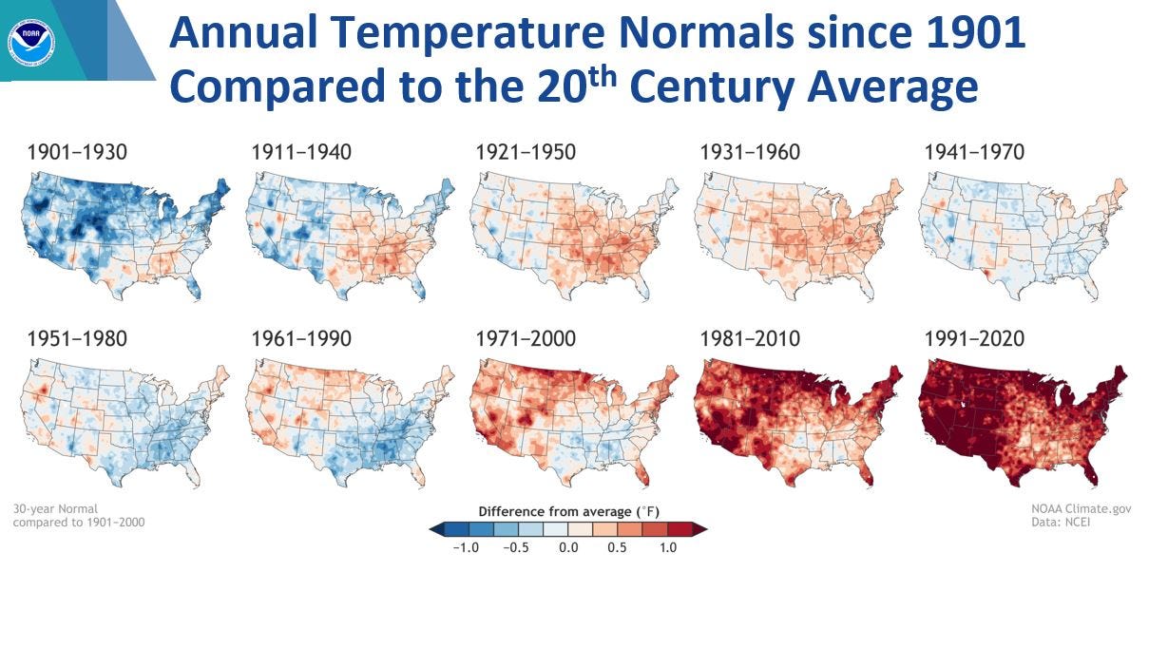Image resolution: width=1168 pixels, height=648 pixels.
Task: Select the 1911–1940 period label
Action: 300,152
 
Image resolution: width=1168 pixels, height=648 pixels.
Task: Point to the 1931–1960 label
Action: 749,152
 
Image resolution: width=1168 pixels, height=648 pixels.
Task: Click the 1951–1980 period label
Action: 77,339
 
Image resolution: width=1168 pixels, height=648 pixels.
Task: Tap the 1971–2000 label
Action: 525,339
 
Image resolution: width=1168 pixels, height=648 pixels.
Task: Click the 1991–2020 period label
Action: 973,339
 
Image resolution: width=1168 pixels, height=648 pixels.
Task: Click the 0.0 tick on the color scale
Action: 567,548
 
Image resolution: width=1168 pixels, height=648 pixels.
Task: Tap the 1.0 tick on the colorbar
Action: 667,548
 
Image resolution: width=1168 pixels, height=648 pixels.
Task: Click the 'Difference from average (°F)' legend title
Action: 567,511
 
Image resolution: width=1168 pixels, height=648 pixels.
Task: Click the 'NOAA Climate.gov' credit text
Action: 1081,509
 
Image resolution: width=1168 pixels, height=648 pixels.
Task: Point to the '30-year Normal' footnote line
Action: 55,509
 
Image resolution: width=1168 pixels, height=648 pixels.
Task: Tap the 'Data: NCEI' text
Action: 1060,523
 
